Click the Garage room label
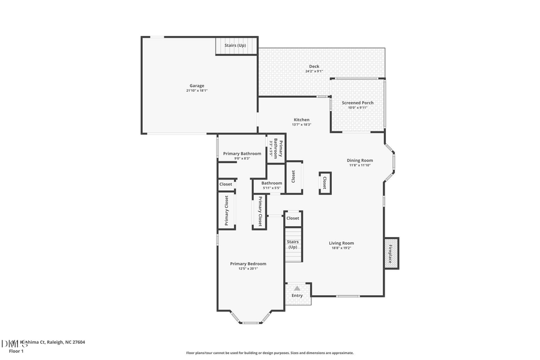197,86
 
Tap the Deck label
314,67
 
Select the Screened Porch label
358,103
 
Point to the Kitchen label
301,119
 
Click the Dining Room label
360,160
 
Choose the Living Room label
341,243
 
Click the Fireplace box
391,253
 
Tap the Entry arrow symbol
297,289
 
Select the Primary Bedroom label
248,263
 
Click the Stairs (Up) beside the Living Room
292,244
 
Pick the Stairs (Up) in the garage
235,45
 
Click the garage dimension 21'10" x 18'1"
197,91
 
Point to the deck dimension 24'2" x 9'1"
314,71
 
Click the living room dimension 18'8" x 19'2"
341,248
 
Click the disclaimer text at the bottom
269,353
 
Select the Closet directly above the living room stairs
292,218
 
